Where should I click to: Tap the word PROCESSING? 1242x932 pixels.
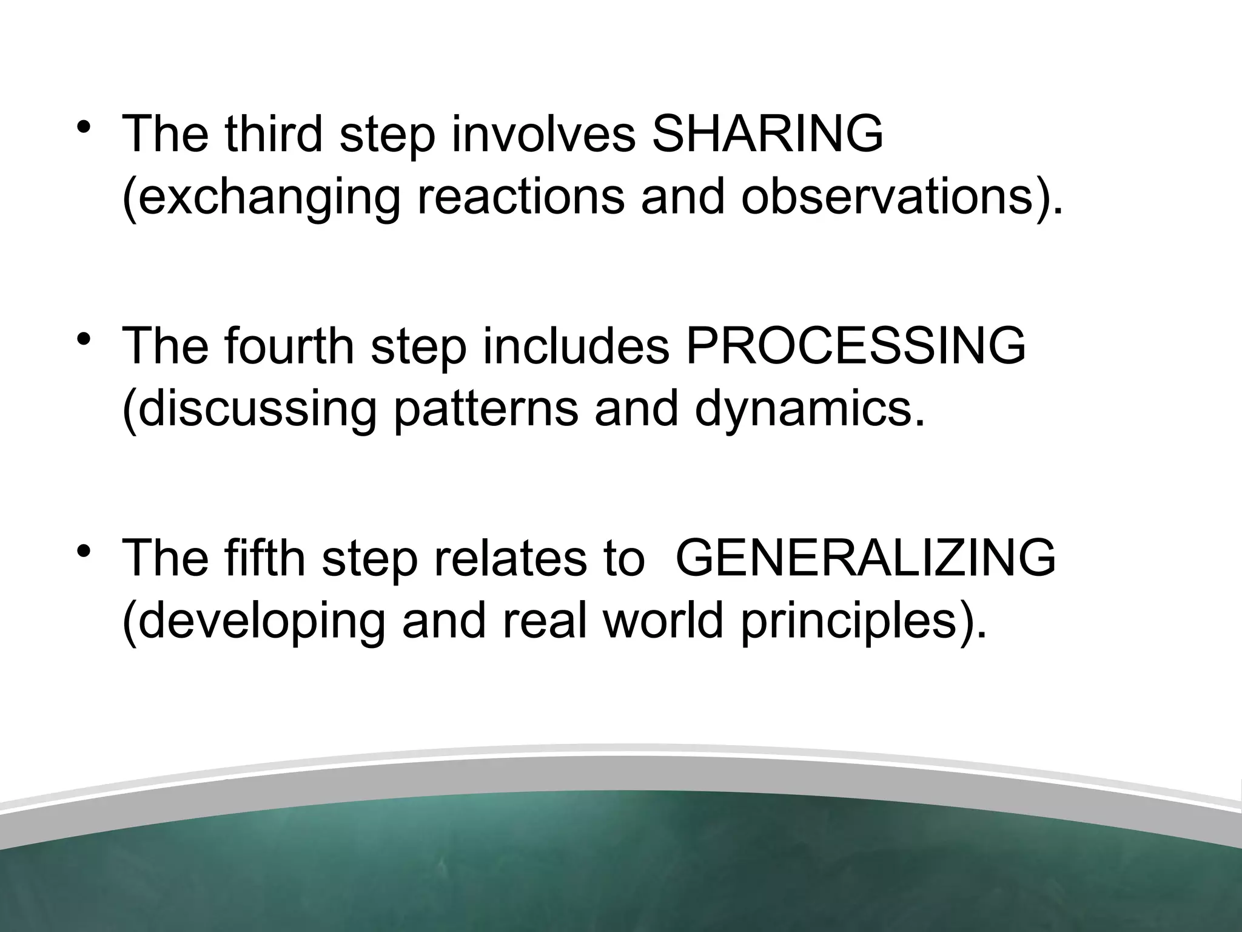click(x=855, y=346)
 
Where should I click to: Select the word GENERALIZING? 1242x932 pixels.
click(x=865, y=558)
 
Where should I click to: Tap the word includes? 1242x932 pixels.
click(x=576, y=346)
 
